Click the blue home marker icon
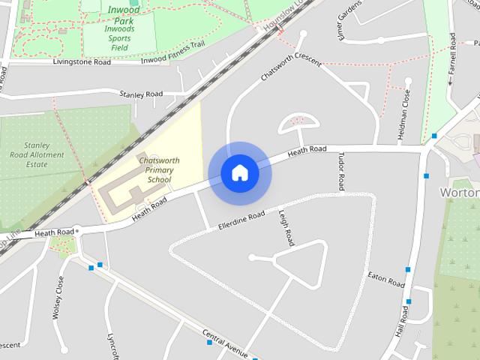coord(240,173)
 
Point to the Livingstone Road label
coord(82,62)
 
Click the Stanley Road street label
coord(141,94)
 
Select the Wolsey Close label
coord(58,298)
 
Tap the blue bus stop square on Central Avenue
coord(209,343)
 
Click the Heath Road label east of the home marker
coord(307,151)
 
